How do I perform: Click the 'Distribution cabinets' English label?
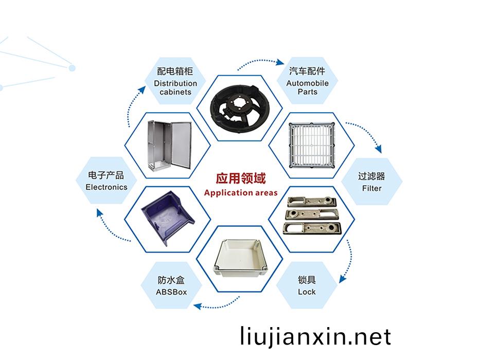(175, 87)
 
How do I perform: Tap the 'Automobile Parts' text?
(307, 87)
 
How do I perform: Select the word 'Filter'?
(371, 188)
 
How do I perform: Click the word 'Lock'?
(307, 292)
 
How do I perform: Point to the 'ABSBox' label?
(171, 292)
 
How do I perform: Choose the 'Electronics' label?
(107, 187)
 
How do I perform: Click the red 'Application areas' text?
(240, 193)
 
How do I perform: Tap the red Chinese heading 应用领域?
(240, 178)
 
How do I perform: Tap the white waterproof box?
(240, 257)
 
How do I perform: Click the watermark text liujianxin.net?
(315, 337)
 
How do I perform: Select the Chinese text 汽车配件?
(307, 71)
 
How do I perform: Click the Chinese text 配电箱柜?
(175, 71)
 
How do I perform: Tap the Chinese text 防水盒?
(171, 280)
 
